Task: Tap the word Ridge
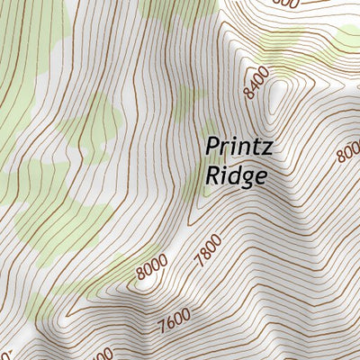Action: [x=236, y=175]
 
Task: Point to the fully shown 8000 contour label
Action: [x=153, y=266]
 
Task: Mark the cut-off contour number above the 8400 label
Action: [x=284, y=4]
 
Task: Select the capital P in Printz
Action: [x=212, y=145]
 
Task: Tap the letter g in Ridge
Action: [x=245, y=177]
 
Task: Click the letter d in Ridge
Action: [x=232, y=174]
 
